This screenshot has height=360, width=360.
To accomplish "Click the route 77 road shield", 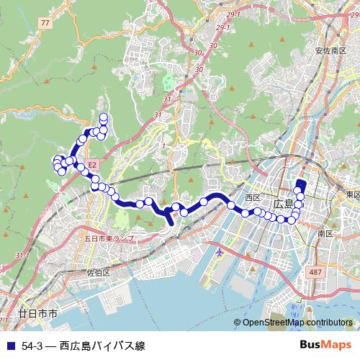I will (x=46, y=23).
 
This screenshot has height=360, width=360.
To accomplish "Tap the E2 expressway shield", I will (x=94, y=164).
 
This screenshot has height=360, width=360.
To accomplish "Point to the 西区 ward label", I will (x=252, y=197).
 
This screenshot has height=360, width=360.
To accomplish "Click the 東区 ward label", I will (x=352, y=194).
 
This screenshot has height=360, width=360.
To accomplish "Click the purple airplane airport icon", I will (x=220, y=253).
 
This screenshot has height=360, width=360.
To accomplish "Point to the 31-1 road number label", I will (x=22, y=256).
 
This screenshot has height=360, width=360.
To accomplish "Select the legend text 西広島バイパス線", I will (x=102, y=346).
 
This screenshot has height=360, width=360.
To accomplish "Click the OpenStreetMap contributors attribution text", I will (x=300, y=323).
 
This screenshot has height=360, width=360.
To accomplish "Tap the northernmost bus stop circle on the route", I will (x=104, y=117).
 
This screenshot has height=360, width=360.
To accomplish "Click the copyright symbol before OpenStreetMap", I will (x=238, y=323).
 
